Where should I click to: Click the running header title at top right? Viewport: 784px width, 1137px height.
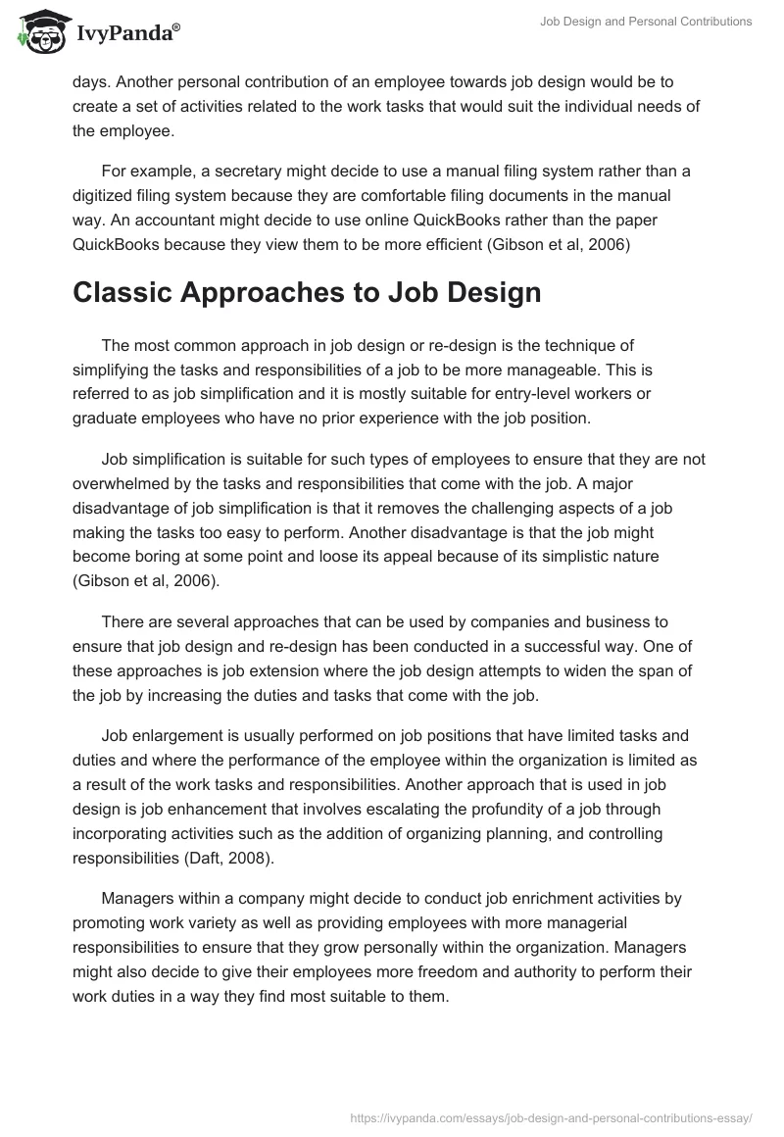(646, 22)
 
